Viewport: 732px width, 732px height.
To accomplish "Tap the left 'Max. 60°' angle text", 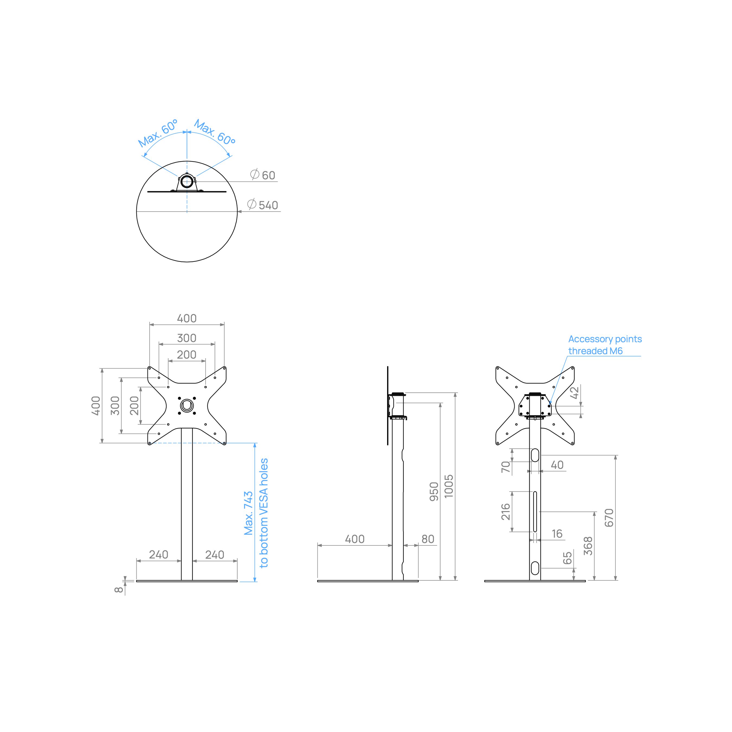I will (x=158, y=133).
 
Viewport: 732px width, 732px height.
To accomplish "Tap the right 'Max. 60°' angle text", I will (x=215, y=132).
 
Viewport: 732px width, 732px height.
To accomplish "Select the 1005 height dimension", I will (x=449, y=486).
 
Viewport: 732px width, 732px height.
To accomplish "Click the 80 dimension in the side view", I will (x=428, y=539).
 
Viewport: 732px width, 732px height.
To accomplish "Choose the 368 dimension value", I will (x=588, y=546).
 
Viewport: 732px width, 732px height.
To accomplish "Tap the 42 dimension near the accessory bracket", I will (x=575, y=393).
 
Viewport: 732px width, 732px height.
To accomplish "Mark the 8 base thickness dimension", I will (x=119, y=590).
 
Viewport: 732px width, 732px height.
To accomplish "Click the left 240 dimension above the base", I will (x=158, y=554).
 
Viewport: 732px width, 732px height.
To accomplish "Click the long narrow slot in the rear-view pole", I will (x=535, y=512).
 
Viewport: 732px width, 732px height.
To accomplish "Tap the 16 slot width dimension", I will (x=557, y=534).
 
